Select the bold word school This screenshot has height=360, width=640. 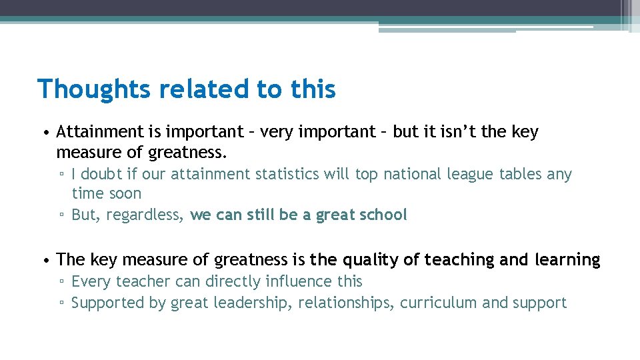click(382, 215)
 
